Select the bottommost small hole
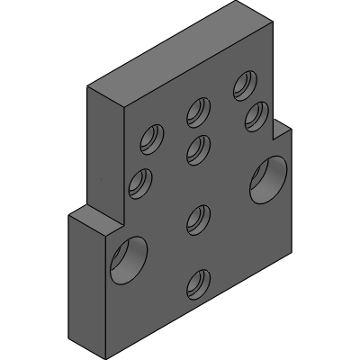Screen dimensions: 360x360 coord(198,285)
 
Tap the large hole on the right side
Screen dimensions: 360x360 coord(268,177)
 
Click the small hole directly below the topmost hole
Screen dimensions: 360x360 coord(256,116)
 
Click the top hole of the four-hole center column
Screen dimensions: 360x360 coord(198,112)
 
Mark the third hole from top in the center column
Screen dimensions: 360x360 coord(198,219)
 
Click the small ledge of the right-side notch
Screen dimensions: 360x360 coord(281,124)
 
